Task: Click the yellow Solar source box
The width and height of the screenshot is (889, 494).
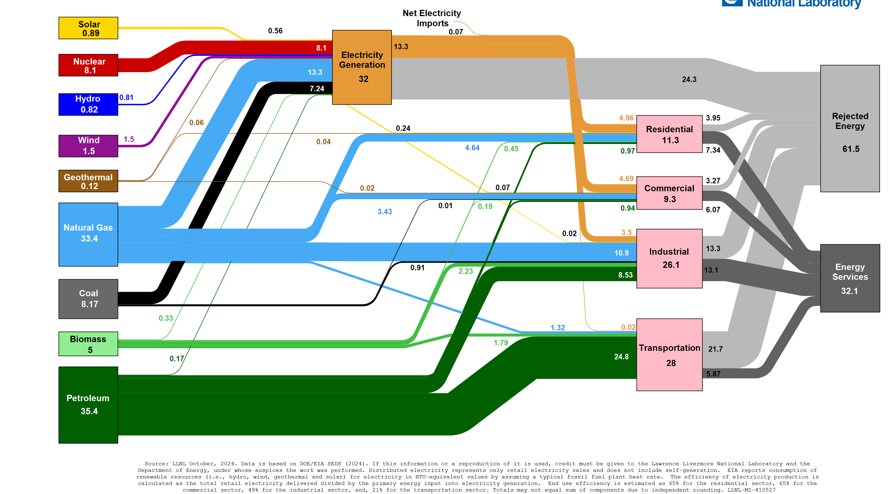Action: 88,28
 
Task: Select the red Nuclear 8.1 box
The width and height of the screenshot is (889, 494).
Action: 88,65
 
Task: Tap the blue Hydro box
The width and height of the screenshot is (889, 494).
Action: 88,104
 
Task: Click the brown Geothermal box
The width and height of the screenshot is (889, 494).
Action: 88,181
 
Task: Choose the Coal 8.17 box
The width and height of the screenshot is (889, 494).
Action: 88,299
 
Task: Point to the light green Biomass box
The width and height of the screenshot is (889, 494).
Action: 88,344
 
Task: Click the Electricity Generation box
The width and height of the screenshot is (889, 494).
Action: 362,67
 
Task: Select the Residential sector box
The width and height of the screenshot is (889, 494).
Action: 669,134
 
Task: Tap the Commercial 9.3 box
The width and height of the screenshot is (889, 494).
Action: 669,193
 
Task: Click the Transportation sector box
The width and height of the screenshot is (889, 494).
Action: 669,354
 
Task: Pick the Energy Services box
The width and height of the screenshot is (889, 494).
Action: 850,278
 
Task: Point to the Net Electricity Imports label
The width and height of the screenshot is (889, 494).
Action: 432,18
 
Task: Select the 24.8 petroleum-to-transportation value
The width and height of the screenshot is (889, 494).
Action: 621,357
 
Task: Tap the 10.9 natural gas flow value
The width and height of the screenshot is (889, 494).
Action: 621,253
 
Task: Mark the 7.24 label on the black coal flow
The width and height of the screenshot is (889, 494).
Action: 317,89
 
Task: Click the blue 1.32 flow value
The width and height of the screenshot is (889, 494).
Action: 557,328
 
